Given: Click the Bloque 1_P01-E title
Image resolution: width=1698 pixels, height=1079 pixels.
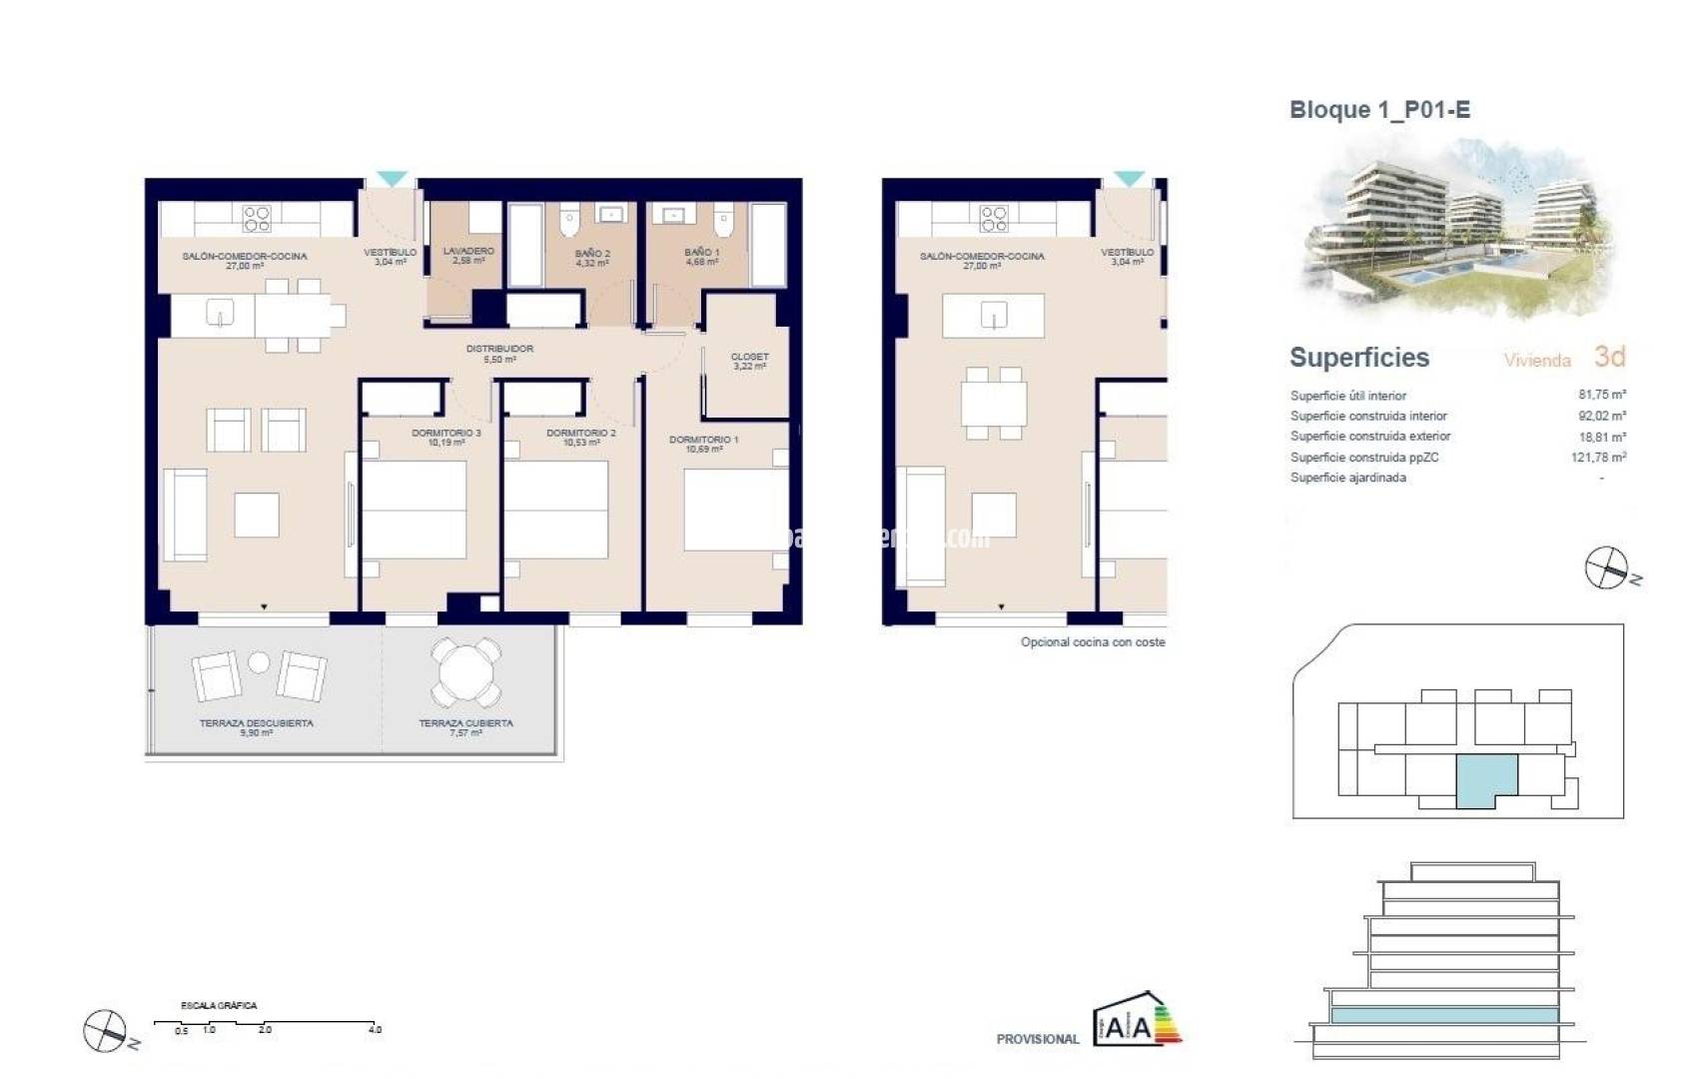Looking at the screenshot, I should (x=1379, y=110).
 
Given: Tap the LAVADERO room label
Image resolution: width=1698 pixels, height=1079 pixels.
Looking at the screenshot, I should (x=468, y=255).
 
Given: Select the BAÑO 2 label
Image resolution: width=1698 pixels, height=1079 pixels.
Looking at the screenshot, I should (x=592, y=258).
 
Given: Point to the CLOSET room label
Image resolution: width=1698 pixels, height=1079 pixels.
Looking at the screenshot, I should (x=749, y=361).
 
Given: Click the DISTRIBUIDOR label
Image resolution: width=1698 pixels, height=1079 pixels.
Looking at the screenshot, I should (x=499, y=353).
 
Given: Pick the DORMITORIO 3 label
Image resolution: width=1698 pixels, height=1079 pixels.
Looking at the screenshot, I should (x=445, y=437).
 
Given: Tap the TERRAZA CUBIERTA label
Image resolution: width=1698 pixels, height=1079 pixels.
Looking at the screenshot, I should (x=465, y=726).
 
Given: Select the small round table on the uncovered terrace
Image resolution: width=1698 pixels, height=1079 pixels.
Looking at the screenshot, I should (x=259, y=661).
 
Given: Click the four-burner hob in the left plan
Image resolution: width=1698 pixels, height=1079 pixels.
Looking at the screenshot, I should (x=257, y=218).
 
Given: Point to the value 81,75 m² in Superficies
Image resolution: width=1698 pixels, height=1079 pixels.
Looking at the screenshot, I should (x=1601, y=395).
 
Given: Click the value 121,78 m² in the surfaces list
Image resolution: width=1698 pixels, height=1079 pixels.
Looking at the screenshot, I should (x=1598, y=458).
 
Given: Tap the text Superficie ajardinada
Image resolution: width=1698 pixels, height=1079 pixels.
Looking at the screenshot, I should (x=1347, y=478).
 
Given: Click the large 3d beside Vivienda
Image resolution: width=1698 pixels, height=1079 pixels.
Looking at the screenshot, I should (x=1609, y=357).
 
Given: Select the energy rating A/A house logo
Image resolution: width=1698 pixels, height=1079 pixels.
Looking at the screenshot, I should (x=1137, y=1021).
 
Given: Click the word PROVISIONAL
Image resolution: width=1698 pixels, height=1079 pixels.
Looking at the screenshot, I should (x=1038, y=1039).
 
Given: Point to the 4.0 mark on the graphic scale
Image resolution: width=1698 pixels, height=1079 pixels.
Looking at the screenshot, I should (x=375, y=1029).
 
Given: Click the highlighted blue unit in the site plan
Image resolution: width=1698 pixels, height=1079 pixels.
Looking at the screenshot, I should (x=1485, y=779).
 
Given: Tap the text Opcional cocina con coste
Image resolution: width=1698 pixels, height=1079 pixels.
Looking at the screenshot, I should (x=1093, y=642).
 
